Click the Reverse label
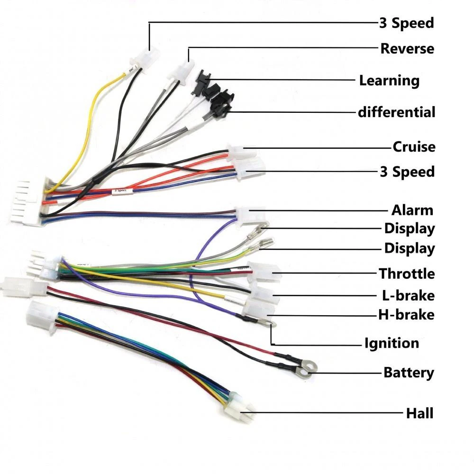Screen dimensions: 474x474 click(x=407, y=48)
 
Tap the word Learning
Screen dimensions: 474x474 click(x=389, y=80)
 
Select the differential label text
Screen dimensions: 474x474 click(x=396, y=112)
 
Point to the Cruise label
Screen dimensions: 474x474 click(x=414, y=146)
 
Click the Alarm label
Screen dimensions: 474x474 click(x=412, y=210)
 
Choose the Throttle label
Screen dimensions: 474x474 click(x=406, y=273)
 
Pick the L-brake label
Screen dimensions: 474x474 click(x=408, y=295)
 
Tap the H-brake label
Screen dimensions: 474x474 click(x=406, y=314)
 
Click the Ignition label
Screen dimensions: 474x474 click(x=392, y=343)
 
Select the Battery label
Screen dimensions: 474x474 click(x=409, y=373)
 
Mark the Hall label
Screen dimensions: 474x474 click(x=419, y=413)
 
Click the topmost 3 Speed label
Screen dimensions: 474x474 click(x=407, y=23)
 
